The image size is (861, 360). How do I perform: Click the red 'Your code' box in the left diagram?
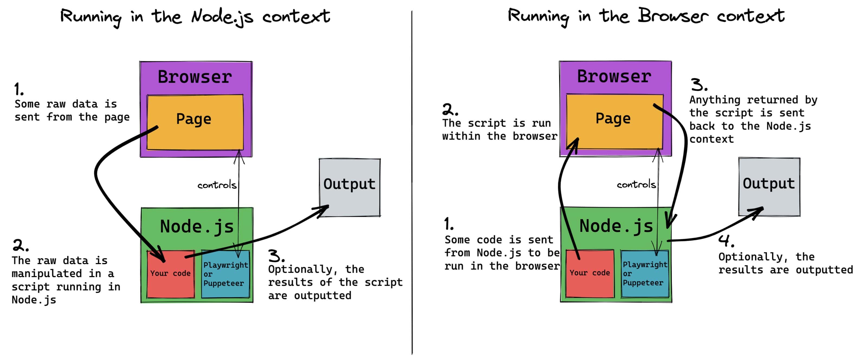pyautogui.click(x=170, y=281)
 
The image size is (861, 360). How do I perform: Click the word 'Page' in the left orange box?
pyautogui.click(x=194, y=119)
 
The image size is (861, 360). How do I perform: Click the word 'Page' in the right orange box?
pyautogui.click(x=613, y=118)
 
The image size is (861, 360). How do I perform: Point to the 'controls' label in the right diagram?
pyautogui.click(x=636, y=184)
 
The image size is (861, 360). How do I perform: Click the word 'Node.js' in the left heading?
pyautogui.click(x=222, y=17)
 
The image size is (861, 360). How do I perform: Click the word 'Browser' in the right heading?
pyautogui.click(x=672, y=16)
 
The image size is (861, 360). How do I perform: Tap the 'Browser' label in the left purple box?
pyautogui.click(x=195, y=77)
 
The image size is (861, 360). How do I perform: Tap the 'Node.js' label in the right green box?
pyautogui.click(x=616, y=226)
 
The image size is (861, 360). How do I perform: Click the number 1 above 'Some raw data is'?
pyautogui.click(x=18, y=90)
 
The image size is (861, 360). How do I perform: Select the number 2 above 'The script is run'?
pyautogui.click(x=449, y=109)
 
